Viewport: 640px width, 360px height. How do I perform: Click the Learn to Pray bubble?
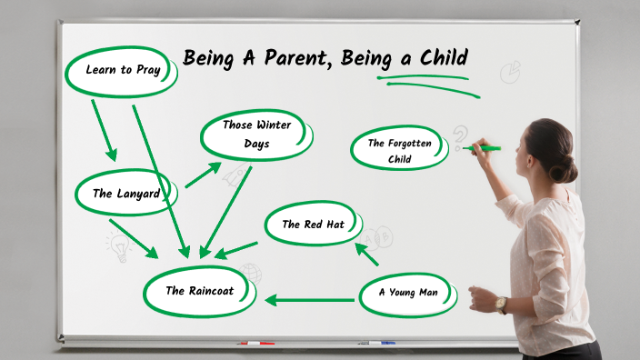(121, 70)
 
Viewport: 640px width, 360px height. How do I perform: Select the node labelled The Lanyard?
(126, 193)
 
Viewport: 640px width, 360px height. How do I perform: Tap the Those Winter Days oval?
(256, 135)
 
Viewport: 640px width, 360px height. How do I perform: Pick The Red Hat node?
(314, 225)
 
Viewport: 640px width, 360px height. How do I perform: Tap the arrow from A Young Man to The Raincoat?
(309, 299)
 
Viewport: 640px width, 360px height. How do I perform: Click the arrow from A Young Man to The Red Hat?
(367, 254)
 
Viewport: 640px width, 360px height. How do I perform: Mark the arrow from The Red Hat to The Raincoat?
(236, 248)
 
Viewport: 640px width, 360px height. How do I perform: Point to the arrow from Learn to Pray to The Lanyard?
(104, 130)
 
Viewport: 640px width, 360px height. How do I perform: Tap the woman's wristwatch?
(502, 305)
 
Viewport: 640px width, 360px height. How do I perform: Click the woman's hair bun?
(565, 168)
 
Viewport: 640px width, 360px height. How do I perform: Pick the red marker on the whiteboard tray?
(255, 344)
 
